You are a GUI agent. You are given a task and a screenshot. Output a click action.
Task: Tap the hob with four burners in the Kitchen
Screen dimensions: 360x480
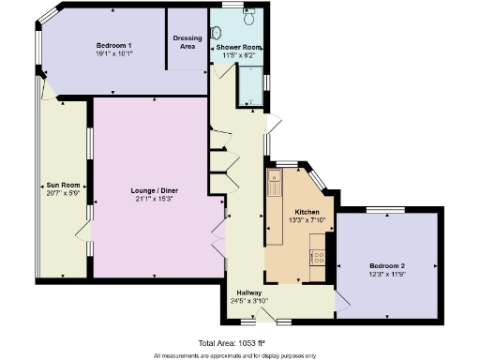(317, 252)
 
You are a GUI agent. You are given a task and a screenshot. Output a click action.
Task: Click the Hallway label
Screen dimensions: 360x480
(249, 292)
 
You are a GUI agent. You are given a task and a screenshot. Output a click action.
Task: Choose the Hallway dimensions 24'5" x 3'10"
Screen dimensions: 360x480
(249, 301)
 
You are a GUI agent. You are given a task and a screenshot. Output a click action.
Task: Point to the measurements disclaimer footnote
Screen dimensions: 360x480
(233, 355)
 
